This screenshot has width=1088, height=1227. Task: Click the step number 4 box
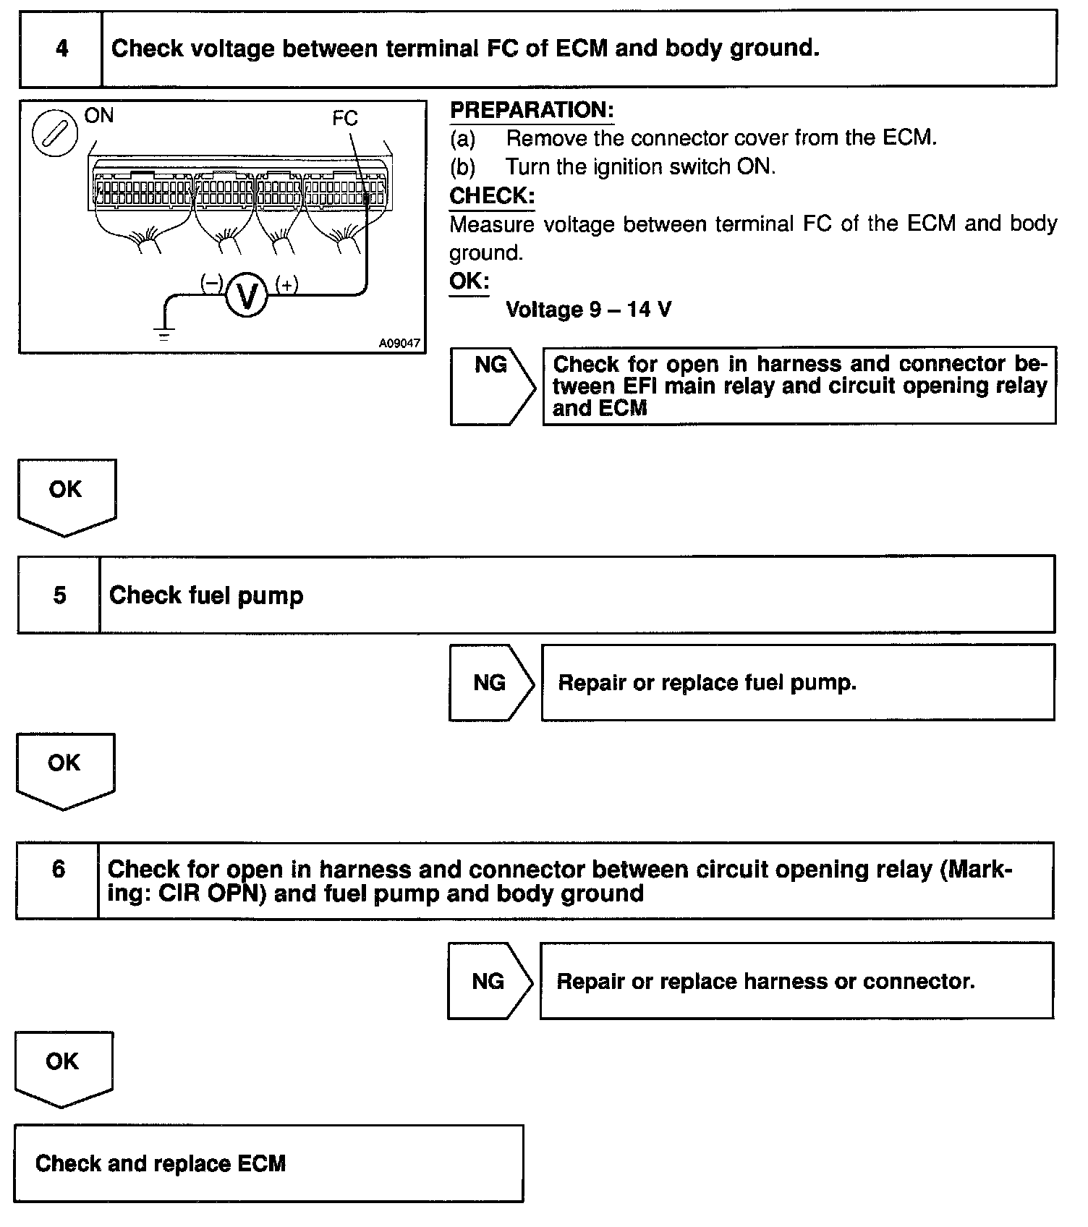click(x=61, y=49)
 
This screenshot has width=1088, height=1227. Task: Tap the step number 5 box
click(x=59, y=595)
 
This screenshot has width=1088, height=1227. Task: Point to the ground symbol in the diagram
click(x=165, y=334)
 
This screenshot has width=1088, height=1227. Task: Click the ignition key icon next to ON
click(x=55, y=133)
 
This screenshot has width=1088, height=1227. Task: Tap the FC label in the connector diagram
click(x=345, y=119)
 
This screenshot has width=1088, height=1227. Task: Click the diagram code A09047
click(x=399, y=344)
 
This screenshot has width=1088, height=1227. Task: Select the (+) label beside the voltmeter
click(x=287, y=285)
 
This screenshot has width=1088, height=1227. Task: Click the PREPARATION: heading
click(x=532, y=110)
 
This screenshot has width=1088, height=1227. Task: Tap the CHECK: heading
click(x=492, y=196)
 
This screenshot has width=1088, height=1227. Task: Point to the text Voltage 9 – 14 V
click(x=588, y=310)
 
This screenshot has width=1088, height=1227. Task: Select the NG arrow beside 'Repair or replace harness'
click(x=489, y=981)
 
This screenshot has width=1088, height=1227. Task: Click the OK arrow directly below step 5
click(x=64, y=769)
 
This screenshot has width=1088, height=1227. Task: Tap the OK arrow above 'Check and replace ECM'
click(x=63, y=1067)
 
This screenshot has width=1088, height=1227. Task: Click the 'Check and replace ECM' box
click(x=268, y=1163)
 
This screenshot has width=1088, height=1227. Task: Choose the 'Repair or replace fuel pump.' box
click(x=797, y=682)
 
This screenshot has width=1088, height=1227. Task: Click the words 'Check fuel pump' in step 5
click(x=206, y=596)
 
